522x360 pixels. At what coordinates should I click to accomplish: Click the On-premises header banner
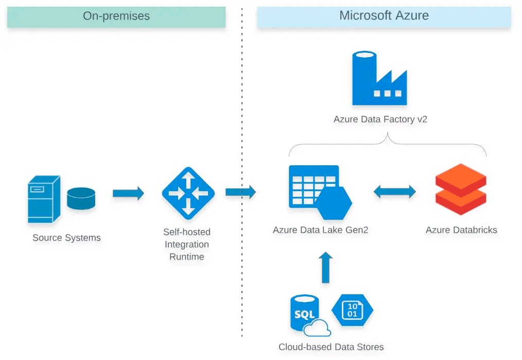click(x=116, y=16)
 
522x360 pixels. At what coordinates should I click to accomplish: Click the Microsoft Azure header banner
click(x=384, y=16)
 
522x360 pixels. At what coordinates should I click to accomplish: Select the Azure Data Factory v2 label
click(x=380, y=119)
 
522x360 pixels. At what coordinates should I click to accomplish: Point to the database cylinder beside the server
click(x=81, y=199)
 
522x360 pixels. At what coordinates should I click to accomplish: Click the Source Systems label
click(x=66, y=238)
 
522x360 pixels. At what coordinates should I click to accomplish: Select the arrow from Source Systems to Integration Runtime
click(x=128, y=194)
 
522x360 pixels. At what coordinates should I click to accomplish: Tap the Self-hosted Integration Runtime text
click(x=187, y=244)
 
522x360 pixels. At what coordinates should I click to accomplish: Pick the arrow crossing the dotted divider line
click(x=240, y=192)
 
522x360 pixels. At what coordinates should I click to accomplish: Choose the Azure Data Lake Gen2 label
click(x=320, y=230)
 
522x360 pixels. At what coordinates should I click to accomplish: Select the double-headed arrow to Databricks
click(x=394, y=192)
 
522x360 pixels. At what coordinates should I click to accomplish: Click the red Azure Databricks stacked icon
click(x=461, y=190)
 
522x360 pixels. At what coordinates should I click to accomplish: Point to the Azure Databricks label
click(x=461, y=230)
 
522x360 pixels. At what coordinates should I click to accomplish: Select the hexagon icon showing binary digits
click(x=352, y=311)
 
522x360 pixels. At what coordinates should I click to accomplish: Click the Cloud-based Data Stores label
click(x=331, y=347)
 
